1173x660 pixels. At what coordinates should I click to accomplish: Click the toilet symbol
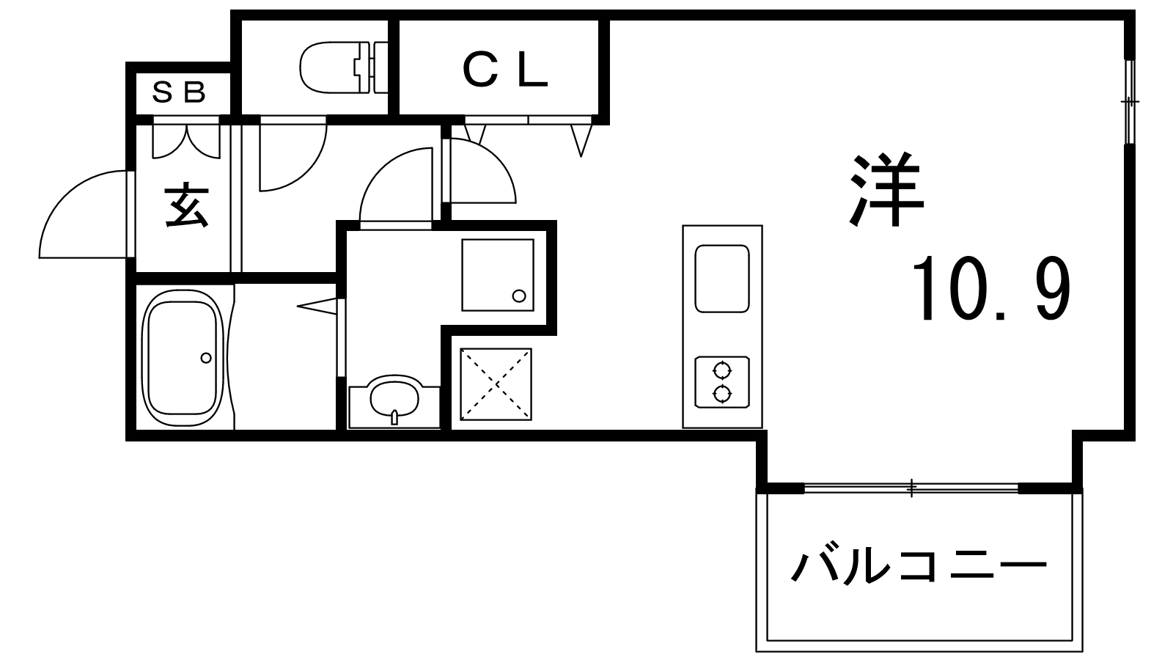(341, 67)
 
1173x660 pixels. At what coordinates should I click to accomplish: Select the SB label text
(180, 92)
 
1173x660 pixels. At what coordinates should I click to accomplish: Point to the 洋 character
(886, 191)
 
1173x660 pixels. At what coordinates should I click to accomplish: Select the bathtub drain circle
(206, 358)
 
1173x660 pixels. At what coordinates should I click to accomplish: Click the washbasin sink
(394, 398)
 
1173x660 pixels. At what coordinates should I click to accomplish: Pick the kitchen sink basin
(722, 279)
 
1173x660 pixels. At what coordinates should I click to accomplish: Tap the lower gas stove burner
(722, 395)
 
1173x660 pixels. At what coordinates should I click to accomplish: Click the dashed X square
(496, 384)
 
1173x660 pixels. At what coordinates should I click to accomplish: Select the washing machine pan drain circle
(519, 296)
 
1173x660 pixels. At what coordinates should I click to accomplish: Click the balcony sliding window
(911, 488)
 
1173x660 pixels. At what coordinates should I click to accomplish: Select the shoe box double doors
(185, 139)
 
